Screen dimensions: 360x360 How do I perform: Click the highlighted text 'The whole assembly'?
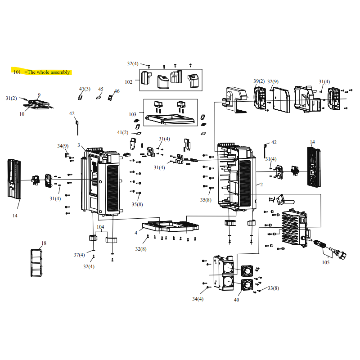click(x=49, y=72)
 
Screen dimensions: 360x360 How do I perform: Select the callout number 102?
click(x=129, y=82)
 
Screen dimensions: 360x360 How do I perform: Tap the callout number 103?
click(x=132, y=114)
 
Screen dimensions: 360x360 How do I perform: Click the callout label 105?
click(x=326, y=262)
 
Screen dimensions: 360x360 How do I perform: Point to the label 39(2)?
click(x=259, y=81)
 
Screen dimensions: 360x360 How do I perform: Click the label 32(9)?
click(x=273, y=81)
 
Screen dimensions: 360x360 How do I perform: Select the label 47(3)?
click(x=85, y=89)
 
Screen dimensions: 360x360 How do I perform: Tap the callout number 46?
click(x=117, y=91)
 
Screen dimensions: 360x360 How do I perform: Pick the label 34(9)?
click(x=63, y=146)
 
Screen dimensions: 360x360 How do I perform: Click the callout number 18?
click(x=44, y=243)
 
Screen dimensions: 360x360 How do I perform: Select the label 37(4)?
click(x=79, y=255)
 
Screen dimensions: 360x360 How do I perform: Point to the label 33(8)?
click(x=273, y=288)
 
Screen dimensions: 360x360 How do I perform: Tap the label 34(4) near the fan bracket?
click(x=198, y=299)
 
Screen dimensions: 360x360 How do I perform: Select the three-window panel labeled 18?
click(x=36, y=263)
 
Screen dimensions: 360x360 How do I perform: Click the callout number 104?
click(x=100, y=227)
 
